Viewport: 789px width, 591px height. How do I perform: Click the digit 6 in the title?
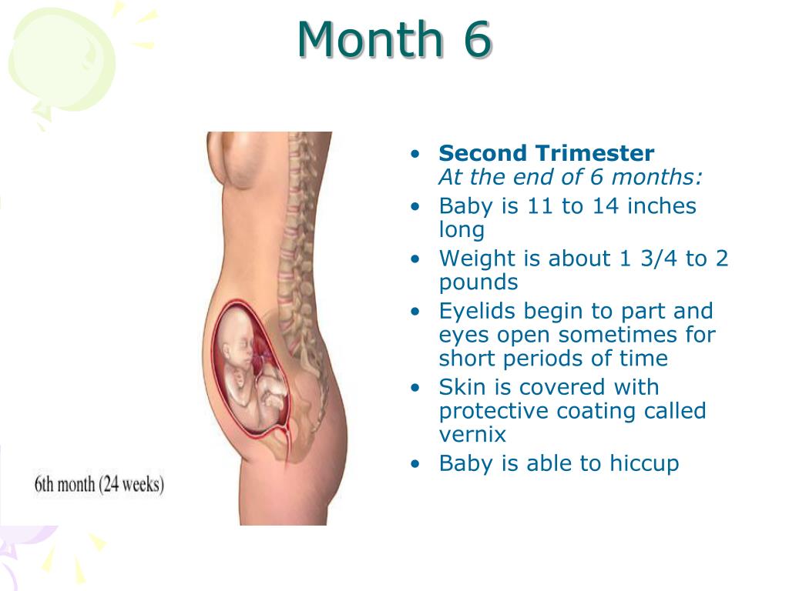[475, 39]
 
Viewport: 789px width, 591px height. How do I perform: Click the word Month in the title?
[370, 39]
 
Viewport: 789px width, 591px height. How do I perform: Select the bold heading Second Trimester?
[546, 153]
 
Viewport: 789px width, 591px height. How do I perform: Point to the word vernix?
[472, 435]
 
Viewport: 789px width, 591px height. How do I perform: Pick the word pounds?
[478, 282]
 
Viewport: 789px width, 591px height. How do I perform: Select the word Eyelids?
[477, 311]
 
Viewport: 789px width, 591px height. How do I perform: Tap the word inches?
[662, 206]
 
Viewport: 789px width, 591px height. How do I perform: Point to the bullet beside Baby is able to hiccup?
[415, 464]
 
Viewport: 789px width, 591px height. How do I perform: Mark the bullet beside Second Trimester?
[415, 154]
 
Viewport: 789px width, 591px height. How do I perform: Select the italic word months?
[656, 177]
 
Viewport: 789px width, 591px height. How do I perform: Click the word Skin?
[462, 388]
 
